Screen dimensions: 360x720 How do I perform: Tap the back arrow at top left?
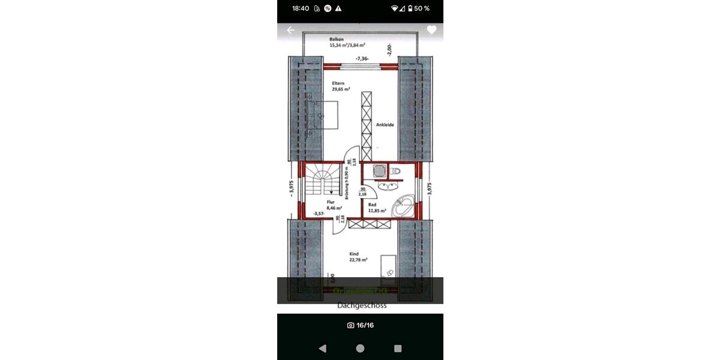pos(291,30)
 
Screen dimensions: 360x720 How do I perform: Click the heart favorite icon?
pos(431,30)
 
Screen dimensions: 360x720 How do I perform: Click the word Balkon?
pos(337,39)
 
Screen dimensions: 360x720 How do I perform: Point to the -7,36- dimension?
pos(362,59)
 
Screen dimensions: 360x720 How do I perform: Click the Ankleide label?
pos(385,125)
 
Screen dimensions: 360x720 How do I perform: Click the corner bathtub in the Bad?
pos(401,208)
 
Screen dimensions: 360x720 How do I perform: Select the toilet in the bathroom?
pos(395,172)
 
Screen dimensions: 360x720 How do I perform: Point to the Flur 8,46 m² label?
pos(334,205)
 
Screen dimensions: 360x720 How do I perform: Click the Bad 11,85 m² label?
pos(377,208)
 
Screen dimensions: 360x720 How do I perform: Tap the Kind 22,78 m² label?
pos(358,257)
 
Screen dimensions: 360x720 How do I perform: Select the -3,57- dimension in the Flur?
pos(319,214)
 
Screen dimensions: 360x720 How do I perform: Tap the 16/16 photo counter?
pos(361,325)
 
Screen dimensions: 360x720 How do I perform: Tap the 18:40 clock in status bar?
pos(301,8)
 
